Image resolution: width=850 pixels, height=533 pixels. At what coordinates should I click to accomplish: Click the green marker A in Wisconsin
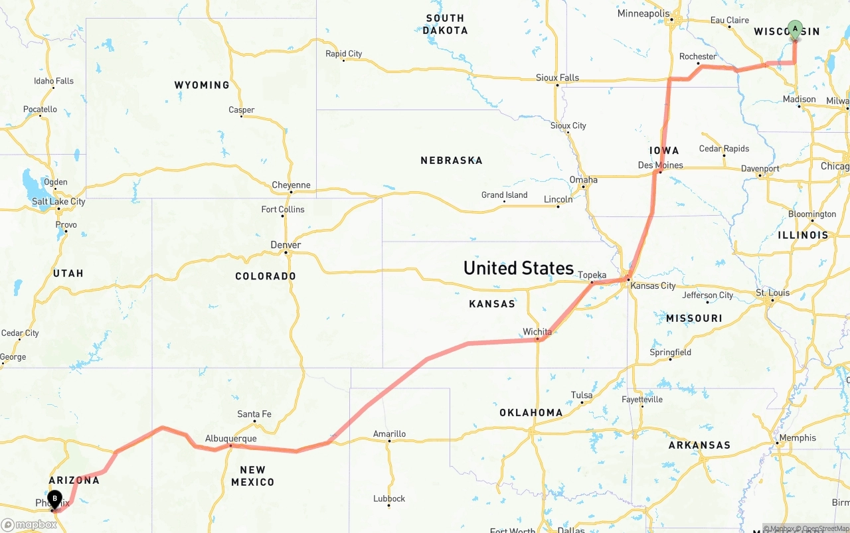(795, 30)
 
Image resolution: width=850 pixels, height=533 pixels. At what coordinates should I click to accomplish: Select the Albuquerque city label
(230, 438)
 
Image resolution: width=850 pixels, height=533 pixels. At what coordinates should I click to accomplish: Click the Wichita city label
(537, 331)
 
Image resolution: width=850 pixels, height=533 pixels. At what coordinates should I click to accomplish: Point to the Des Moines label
(660, 165)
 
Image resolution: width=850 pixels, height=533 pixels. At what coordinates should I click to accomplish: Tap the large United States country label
(518, 268)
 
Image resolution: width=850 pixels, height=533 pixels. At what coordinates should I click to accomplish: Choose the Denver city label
(286, 245)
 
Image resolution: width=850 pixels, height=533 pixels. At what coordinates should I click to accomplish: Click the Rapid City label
(343, 54)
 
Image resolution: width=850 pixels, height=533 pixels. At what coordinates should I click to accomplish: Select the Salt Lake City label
(58, 201)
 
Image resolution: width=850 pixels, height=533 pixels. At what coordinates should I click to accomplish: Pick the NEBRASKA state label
(451, 161)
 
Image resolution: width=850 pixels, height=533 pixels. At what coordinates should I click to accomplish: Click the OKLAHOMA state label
(531, 413)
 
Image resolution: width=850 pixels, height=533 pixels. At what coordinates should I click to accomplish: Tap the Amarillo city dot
(389, 441)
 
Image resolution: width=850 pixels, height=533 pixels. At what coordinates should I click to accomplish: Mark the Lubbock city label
(389, 498)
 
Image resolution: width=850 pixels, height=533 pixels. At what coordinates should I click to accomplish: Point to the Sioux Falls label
(557, 78)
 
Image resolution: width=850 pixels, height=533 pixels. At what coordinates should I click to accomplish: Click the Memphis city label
(798, 437)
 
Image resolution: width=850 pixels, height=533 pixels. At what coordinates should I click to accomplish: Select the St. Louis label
(772, 292)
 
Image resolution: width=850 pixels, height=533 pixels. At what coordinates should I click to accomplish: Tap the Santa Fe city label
(254, 414)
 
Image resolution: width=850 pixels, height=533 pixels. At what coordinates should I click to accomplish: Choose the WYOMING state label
(202, 85)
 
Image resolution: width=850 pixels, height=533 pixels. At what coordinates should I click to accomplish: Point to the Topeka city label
(592, 275)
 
